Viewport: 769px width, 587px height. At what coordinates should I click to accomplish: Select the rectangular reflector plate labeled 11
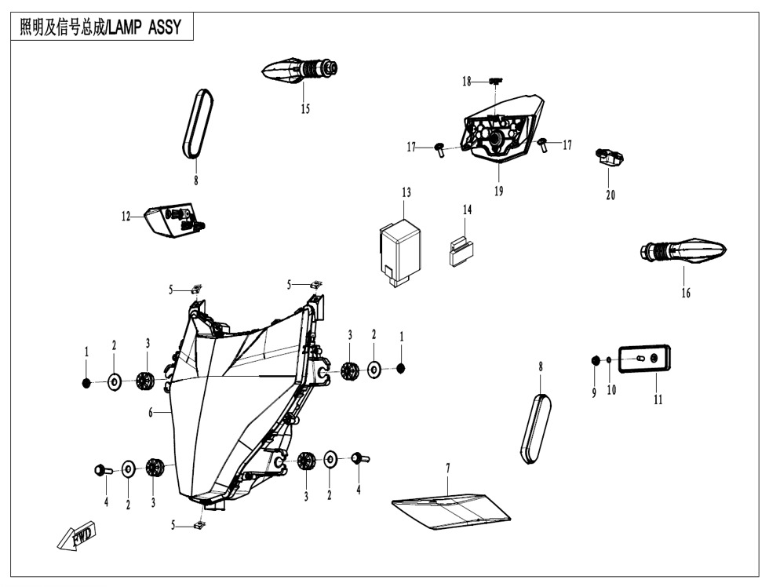pyautogui.click(x=645, y=359)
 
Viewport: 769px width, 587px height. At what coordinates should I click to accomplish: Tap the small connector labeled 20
pyautogui.click(x=610, y=159)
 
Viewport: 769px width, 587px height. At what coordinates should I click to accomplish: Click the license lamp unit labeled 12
pyautogui.click(x=171, y=219)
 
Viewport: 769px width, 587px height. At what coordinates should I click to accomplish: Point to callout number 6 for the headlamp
pyautogui.click(x=151, y=413)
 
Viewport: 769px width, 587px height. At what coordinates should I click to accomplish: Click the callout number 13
pyautogui.click(x=406, y=192)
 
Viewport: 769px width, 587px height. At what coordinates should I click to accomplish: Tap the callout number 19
pyautogui.click(x=499, y=191)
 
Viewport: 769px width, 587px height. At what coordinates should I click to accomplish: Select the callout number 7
pyautogui.click(x=448, y=468)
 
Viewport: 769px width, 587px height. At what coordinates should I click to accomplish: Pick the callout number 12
pyautogui.click(x=126, y=217)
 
